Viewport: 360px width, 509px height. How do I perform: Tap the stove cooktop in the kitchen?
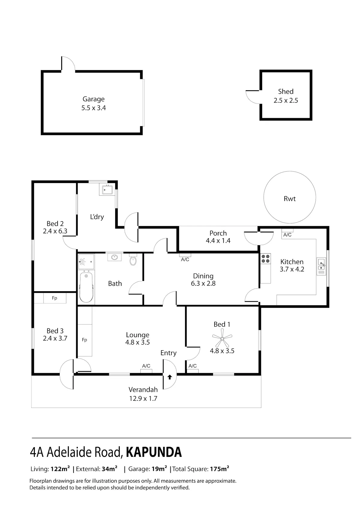pyautogui.click(x=265, y=259)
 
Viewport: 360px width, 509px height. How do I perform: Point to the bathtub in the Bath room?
pyautogui.click(x=86, y=287)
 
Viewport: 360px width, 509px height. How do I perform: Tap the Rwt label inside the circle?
pyautogui.click(x=289, y=199)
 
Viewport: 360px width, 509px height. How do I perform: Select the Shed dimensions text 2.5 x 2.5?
pyautogui.click(x=286, y=100)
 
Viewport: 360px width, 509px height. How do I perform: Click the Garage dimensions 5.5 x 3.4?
pyautogui.click(x=94, y=108)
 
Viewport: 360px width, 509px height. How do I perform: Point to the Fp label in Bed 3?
pyautogui.click(x=54, y=298)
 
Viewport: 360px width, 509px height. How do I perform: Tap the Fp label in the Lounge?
pyautogui.click(x=85, y=340)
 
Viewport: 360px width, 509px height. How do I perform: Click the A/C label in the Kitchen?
pyautogui.click(x=287, y=235)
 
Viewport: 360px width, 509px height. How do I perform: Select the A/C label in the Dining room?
pyautogui.click(x=185, y=259)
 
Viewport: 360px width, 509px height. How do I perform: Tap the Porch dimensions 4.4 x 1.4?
pyautogui.click(x=218, y=241)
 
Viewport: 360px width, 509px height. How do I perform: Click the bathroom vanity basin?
pyautogui.click(x=114, y=257)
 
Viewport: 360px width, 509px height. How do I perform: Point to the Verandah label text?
pyautogui.click(x=143, y=390)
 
